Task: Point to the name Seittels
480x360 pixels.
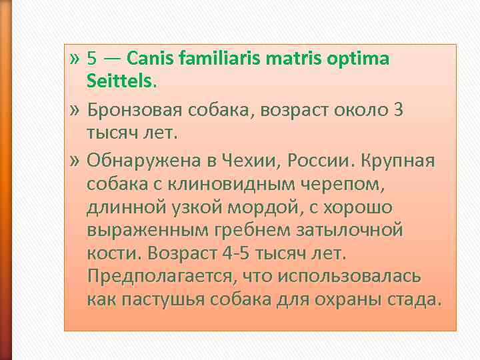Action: (120, 82)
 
